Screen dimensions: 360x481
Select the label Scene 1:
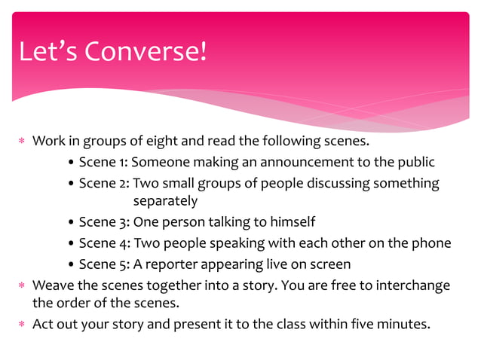(103, 162)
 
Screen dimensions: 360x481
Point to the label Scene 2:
(103, 183)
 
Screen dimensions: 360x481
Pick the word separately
(165, 201)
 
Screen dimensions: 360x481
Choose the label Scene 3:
(103, 222)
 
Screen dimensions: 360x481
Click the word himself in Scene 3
(291, 222)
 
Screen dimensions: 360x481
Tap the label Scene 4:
(103, 243)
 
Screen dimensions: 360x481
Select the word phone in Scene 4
(433, 243)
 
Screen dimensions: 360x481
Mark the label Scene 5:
(103, 264)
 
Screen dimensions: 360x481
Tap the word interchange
(415, 285)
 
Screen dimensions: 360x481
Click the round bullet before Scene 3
(71, 223)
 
